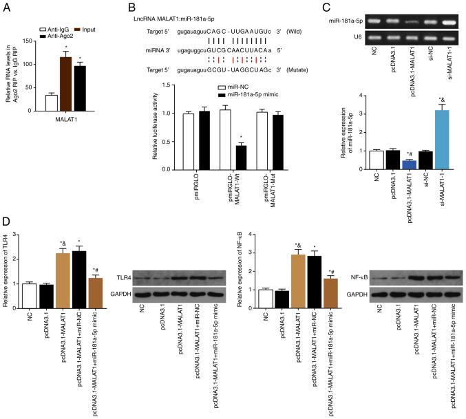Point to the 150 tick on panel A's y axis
tap(32, 41)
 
